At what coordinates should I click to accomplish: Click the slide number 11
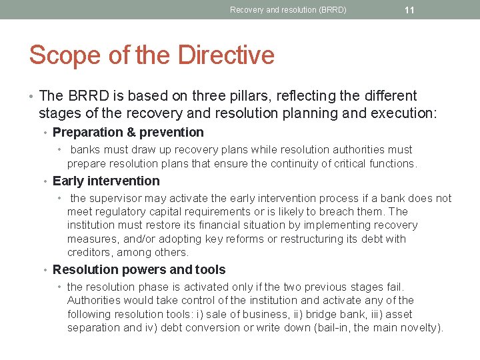click(409, 10)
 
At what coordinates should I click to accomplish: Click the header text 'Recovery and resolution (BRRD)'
click(288, 10)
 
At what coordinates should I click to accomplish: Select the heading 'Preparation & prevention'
click(128, 132)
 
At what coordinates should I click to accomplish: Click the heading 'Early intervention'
click(106, 181)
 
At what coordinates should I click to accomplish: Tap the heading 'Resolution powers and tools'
click(139, 269)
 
